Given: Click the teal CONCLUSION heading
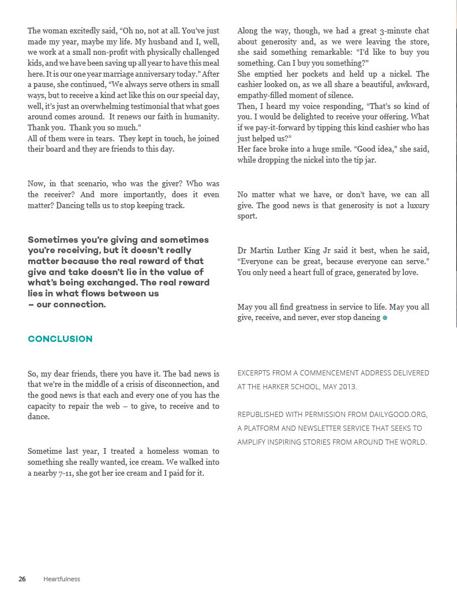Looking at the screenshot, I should (x=60, y=339).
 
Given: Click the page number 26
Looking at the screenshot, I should (x=22, y=579).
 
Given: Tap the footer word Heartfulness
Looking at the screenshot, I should (x=62, y=579).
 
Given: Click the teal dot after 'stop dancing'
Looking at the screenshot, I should (x=385, y=318).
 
